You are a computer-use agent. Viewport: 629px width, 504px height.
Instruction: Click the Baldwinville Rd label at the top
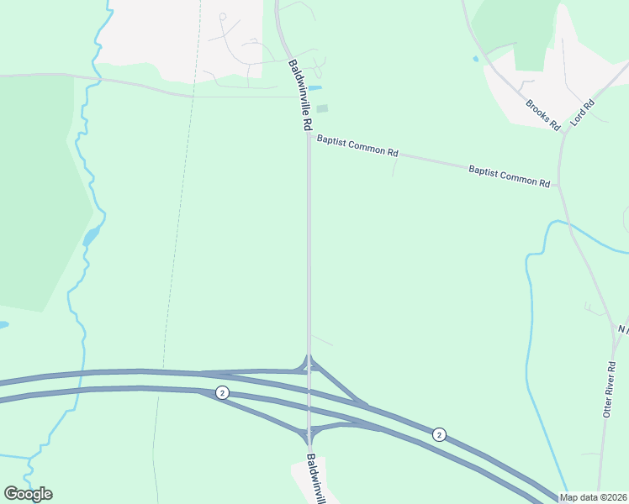[300, 94]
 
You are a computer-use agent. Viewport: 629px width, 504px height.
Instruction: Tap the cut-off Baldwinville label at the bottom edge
[314, 479]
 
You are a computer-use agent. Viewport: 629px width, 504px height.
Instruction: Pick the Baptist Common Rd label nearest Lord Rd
[509, 176]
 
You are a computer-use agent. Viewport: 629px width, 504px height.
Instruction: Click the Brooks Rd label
[542, 115]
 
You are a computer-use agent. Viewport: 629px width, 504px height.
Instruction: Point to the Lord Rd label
[583, 113]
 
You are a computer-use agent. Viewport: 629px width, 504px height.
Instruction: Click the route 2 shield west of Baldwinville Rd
[222, 393]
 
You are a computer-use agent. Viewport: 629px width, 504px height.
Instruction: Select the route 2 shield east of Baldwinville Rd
[439, 434]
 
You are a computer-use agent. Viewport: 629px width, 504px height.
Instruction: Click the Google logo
[29, 494]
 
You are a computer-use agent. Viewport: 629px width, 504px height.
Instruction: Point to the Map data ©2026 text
[594, 497]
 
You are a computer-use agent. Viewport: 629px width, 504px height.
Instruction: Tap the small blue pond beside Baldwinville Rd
[315, 87]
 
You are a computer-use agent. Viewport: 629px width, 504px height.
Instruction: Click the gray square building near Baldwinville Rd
[322, 108]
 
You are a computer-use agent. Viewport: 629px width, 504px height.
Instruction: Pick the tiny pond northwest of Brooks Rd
[476, 59]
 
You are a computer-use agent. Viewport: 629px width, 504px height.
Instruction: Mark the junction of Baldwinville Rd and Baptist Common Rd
[309, 138]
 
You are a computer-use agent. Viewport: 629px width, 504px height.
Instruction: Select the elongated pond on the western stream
[90, 237]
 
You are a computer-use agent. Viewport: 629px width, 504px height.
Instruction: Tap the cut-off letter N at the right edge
[623, 328]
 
